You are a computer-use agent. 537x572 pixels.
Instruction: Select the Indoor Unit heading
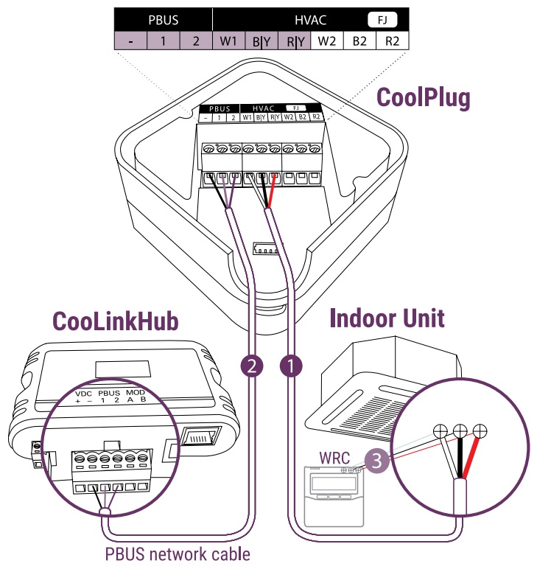pyautogui.click(x=387, y=318)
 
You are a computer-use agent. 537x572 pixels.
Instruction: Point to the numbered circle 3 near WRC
pyautogui.click(x=377, y=461)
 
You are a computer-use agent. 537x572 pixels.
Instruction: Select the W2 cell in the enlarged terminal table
pyautogui.click(x=326, y=41)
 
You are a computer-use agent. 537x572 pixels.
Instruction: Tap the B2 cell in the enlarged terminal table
pyautogui.click(x=359, y=41)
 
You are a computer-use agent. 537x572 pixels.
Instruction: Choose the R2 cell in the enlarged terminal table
pyautogui.click(x=392, y=41)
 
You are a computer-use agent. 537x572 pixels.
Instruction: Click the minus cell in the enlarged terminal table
pyautogui.click(x=130, y=41)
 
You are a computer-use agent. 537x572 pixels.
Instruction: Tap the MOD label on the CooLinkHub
pyautogui.click(x=136, y=393)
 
